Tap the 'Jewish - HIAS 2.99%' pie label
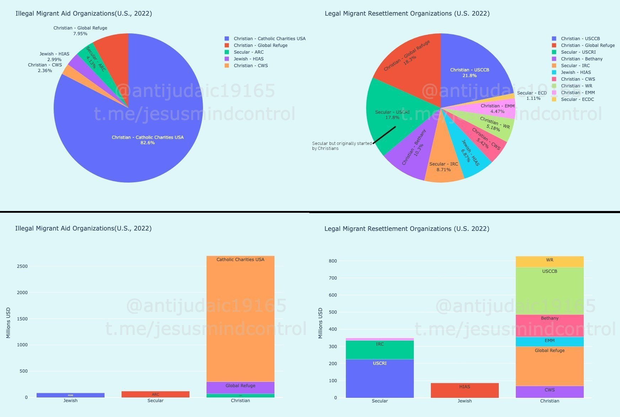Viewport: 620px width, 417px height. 54,57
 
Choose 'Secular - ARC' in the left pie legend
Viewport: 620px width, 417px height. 248,52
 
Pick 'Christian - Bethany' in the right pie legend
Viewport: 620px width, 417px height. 582,59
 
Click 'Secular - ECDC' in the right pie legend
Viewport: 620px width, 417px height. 577,99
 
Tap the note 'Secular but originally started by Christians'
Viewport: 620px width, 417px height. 341,146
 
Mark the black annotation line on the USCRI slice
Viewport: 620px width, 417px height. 384,135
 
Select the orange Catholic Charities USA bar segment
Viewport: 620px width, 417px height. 240,320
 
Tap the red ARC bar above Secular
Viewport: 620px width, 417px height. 155,394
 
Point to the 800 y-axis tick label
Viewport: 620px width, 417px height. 333,261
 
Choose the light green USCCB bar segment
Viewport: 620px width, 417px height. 550,291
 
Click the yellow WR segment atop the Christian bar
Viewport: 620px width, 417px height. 550,262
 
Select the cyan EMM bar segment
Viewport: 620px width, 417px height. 550,342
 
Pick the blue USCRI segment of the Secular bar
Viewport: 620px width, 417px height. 380,378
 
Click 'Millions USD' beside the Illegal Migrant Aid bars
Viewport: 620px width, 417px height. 8,323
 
